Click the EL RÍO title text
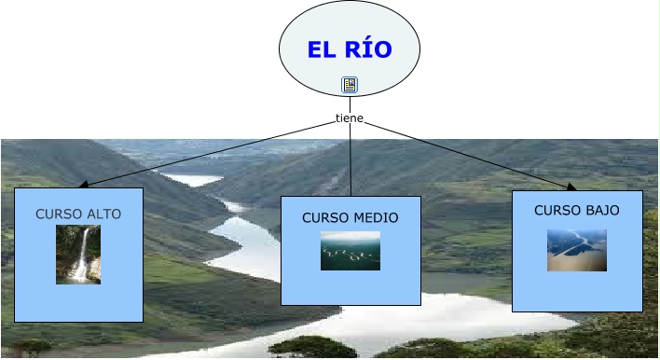click(x=350, y=49)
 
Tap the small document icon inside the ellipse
click(x=350, y=85)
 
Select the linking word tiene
click(x=350, y=118)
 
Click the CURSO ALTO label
click(x=78, y=215)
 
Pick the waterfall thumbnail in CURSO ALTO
click(x=78, y=254)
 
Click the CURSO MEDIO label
click(x=351, y=218)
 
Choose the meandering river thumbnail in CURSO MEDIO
click(x=351, y=251)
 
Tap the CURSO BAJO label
click(x=577, y=211)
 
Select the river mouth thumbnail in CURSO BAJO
click(x=577, y=250)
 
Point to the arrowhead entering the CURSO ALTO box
click(x=84, y=186)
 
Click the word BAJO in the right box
click(x=601, y=211)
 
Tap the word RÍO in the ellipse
click(x=366, y=49)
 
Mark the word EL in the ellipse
click(x=321, y=49)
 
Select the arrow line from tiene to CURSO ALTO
click(x=214, y=154)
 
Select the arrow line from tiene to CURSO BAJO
click(x=466, y=155)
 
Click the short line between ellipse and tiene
click(x=350, y=104)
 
